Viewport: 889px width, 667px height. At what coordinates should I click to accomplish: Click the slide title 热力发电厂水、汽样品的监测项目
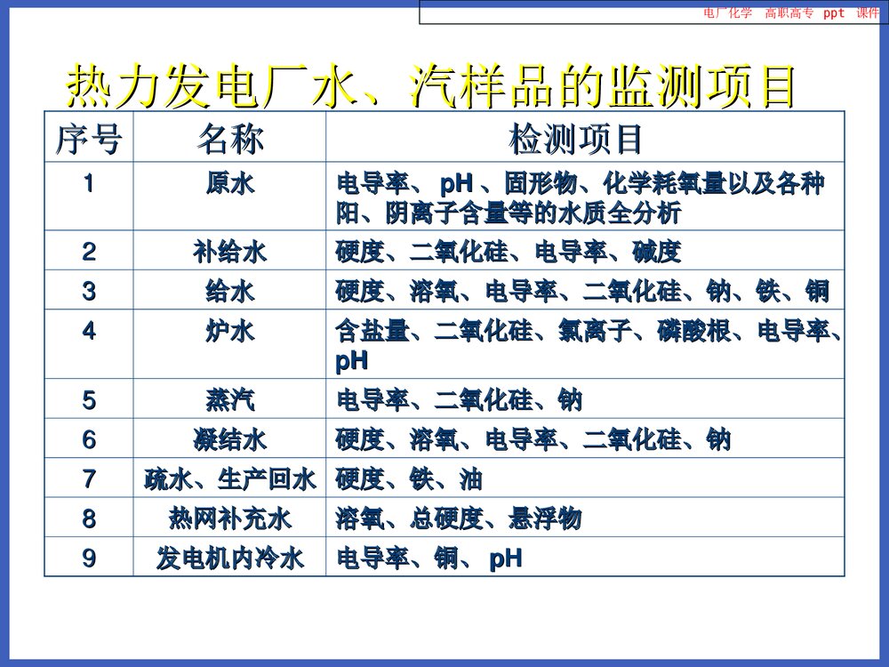pos(430,86)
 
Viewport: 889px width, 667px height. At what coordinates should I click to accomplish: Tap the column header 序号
pos(88,139)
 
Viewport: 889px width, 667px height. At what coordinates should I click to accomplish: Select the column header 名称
pos(229,139)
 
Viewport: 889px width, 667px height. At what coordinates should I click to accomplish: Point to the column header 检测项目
pos(575,139)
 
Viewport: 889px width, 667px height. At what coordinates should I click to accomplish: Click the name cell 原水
pos(229,185)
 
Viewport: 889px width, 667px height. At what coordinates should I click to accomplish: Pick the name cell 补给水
pos(229,253)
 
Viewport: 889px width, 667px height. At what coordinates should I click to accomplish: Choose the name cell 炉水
pos(229,332)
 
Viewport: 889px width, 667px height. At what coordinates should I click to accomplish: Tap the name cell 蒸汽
pos(229,400)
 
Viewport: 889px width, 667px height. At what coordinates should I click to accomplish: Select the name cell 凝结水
pos(229,439)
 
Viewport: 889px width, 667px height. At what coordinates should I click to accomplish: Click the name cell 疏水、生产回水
pos(229,480)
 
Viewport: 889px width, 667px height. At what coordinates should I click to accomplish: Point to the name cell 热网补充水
pos(229,518)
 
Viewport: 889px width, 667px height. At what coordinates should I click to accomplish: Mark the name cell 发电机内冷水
pos(229,559)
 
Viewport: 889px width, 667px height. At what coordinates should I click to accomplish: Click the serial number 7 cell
pos(88,480)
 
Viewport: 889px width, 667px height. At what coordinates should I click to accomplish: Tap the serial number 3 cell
pos(88,291)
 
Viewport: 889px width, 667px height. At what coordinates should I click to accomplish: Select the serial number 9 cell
pos(88,559)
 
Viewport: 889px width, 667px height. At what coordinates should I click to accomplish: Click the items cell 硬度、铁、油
pos(409,480)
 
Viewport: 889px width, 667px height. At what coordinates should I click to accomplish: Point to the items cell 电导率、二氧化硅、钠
pos(459,400)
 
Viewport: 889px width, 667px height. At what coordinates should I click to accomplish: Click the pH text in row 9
pos(506,559)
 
